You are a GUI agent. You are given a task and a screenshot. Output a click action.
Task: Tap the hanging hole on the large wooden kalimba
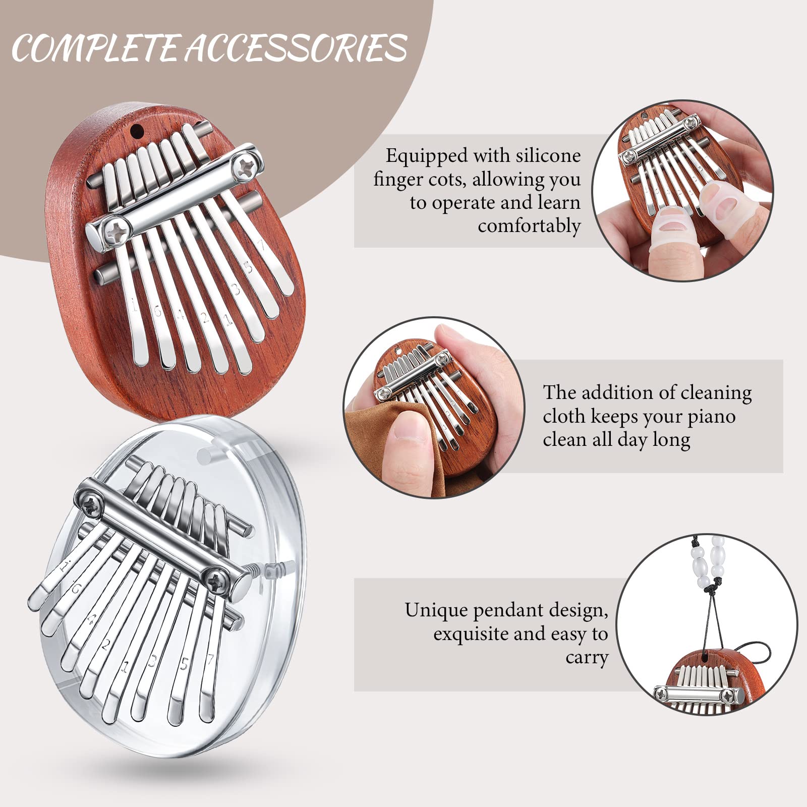(136, 132)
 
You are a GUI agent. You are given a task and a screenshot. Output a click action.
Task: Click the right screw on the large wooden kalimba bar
(246, 162)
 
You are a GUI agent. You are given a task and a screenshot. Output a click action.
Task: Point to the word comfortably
(529, 226)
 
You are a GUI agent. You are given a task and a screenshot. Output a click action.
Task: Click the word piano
(711, 416)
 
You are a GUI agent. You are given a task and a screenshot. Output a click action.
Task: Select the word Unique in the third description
(436, 610)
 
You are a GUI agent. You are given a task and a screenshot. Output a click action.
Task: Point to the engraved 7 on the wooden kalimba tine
(260, 246)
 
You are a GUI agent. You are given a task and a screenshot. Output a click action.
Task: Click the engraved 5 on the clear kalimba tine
(185, 664)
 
